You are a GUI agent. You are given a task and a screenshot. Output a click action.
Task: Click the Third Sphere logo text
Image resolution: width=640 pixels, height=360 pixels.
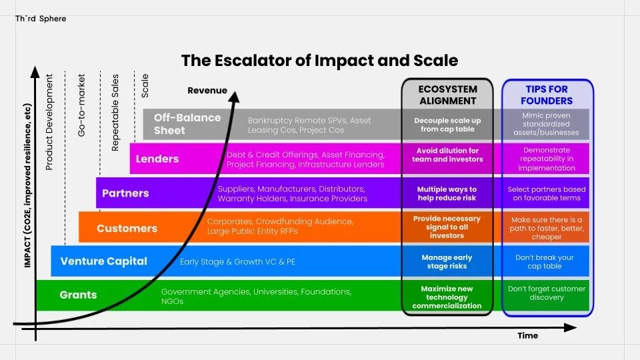pyautogui.click(x=40, y=19)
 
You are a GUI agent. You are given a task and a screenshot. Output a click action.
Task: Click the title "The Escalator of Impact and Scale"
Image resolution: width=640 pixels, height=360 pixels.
pyautogui.click(x=319, y=61)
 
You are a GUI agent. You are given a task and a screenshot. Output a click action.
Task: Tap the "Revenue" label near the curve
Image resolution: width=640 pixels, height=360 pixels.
pyautogui.click(x=207, y=91)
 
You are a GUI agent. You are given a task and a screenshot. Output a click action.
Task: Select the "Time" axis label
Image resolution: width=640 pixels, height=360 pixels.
pyautogui.click(x=527, y=335)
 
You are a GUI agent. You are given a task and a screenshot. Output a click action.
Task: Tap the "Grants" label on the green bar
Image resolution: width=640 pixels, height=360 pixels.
pyautogui.click(x=78, y=295)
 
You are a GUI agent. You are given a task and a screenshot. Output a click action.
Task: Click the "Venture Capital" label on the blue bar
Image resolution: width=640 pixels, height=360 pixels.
pyautogui.click(x=103, y=261)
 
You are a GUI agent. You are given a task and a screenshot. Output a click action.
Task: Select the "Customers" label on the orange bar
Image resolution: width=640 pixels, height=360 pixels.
pyautogui.click(x=127, y=228)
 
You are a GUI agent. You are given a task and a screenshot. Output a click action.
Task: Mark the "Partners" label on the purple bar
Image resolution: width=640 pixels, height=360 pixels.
pyautogui.click(x=125, y=193)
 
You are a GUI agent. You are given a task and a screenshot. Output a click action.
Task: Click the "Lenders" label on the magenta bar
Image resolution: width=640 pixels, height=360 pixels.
pyautogui.click(x=157, y=159)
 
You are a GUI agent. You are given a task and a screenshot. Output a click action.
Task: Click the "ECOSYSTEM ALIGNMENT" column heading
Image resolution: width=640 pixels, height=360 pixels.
pyautogui.click(x=447, y=95)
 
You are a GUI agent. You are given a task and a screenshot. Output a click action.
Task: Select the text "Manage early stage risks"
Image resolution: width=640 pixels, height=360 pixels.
pyautogui.click(x=447, y=261)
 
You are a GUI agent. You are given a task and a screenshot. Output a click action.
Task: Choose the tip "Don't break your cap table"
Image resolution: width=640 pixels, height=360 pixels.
pyautogui.click(x=545, y=261)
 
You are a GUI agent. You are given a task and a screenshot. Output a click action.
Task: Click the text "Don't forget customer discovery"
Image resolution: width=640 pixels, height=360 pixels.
pyautogui.click(x=547, y=293)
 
